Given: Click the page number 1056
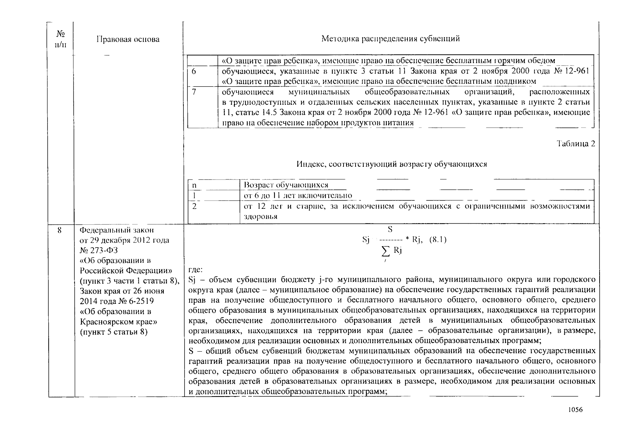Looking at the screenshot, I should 575,410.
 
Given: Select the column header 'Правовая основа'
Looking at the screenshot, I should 128,39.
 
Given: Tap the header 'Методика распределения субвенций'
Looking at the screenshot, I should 390,39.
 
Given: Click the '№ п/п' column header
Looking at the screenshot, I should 61,39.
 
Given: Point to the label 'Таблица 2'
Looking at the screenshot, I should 576,144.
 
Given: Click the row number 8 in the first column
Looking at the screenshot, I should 60,230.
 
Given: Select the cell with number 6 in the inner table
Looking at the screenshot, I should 194,71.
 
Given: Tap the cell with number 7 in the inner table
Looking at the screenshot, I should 194,92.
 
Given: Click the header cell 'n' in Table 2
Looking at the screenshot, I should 194,185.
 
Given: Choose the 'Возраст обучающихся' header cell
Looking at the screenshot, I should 286,185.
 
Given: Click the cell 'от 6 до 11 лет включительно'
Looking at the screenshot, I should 298,196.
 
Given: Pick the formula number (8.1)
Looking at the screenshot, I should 438,240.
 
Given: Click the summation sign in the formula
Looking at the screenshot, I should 386,251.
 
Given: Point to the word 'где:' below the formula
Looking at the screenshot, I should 196,270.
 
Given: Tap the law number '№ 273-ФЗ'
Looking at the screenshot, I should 98,250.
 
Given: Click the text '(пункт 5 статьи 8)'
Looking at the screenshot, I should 114,332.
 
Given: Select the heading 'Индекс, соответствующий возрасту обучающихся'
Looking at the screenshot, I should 391,164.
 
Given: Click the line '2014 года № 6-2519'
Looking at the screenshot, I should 117,301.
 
